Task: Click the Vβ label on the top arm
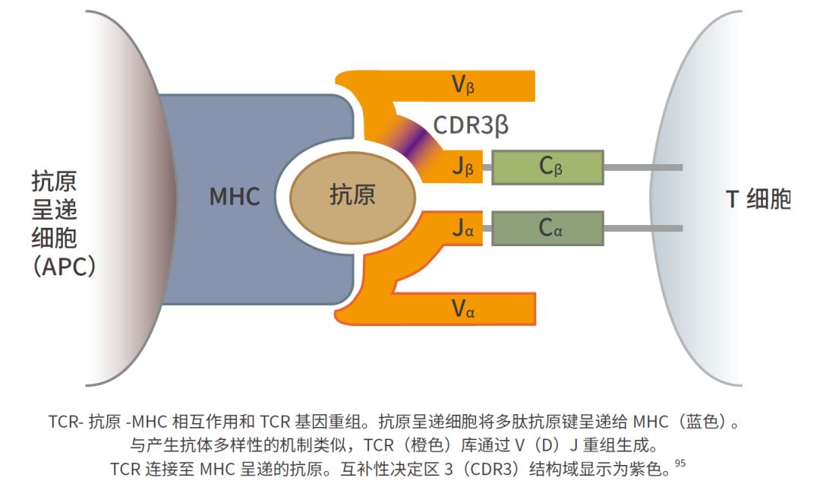tap(463, 84)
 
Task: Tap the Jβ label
tap(463, 167)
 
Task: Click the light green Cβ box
tap(547, 167)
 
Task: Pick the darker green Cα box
tap(547, 227)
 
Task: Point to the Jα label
tap(463, 228)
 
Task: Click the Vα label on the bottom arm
tap(463, 308)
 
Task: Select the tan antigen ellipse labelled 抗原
tap(352, 195)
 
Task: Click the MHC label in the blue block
tap(235, 197)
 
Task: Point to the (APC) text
tap(65, 266)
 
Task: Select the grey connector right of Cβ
tap(642, 167)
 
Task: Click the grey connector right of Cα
tap(642, 227)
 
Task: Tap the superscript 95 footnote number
tap(680, 465)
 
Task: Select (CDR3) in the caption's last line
tap(491, 469)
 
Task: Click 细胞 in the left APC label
tap(54, 238)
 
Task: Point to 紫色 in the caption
tap(653, 469)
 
